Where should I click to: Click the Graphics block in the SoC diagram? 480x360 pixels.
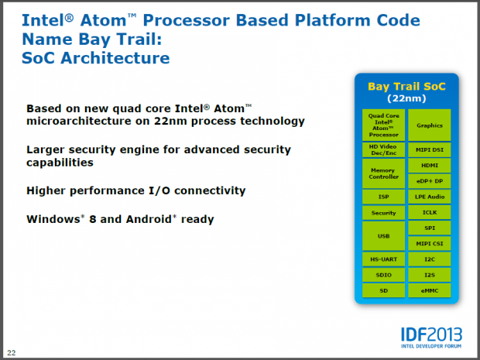(429, 125)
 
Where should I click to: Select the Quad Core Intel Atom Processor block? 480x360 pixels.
(383, 125)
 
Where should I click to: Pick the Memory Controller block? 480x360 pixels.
(383, 173)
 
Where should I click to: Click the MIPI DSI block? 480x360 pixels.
(429, 149)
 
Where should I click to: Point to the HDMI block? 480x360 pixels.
(429, 165)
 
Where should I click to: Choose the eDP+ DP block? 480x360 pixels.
(429, 181)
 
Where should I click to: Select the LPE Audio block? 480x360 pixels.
(429, 197)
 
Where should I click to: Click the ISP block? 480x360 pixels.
(383, 197)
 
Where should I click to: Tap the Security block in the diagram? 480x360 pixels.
(383, 213)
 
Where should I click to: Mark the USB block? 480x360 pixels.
(383, 235)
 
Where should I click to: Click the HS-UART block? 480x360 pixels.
(383, 259)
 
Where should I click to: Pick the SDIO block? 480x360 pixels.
(383, 274)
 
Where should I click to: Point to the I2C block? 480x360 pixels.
(429, 259)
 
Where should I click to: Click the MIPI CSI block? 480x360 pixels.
(429, 243)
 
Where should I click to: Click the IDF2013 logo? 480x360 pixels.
(431, 334)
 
